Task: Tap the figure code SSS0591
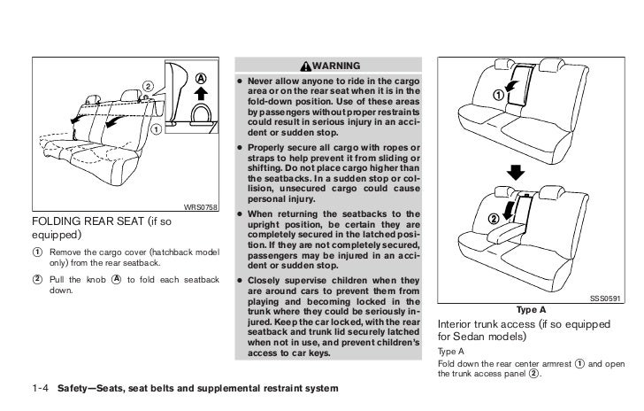point(606,299)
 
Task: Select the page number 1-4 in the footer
point(42,389)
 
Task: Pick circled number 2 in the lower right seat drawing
point(492,219)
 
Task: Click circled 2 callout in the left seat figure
point(149,86)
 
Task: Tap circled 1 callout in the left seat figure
point(157,130)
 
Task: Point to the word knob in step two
point(95,280)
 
